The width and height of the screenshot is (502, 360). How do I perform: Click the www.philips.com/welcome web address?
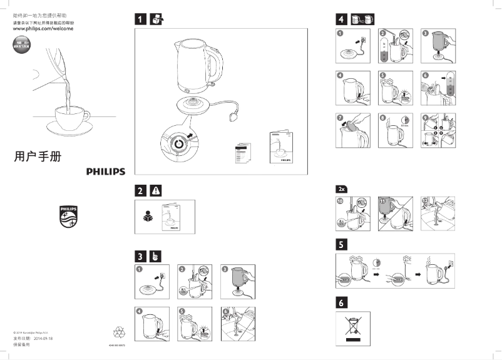[43, 29]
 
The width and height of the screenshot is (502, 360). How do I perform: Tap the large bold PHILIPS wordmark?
[105, 172]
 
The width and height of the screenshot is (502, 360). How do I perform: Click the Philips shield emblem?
[68, 217]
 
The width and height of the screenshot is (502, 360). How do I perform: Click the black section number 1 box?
[142, 19]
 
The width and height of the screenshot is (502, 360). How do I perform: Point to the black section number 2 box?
[142, 190]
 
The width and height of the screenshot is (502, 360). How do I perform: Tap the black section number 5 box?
[341, 243]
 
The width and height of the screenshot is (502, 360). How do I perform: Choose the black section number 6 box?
[341, 302]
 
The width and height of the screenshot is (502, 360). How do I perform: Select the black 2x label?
[341, 188]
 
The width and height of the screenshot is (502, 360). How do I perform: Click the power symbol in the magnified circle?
[180, 143]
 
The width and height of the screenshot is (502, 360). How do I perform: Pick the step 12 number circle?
[425, 200]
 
